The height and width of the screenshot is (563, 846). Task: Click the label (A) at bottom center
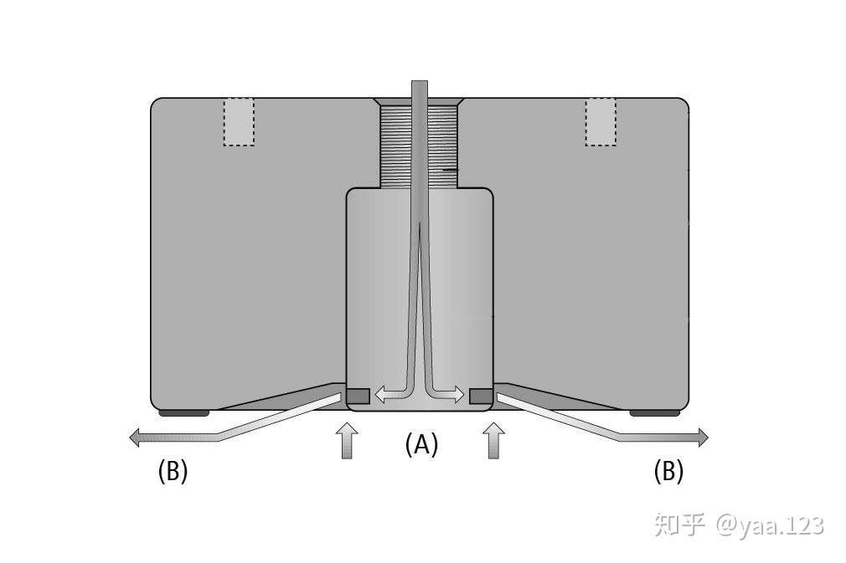(421, 445)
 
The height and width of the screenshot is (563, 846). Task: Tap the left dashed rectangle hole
(239, 122)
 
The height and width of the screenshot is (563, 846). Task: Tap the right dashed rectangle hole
(601, 122)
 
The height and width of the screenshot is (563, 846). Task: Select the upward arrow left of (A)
(347, 441)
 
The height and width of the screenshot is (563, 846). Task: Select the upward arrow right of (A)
(493, 441)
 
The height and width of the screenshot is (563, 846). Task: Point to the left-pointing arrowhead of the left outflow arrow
(135, 437)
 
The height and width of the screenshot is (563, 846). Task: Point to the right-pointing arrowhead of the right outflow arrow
(703, 437)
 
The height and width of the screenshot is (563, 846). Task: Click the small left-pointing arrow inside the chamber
(391, 394)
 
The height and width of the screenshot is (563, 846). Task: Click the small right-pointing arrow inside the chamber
(446, 394)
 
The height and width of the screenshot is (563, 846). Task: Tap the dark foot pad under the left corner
(184, 413)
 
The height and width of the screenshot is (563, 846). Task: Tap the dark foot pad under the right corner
(654, 413)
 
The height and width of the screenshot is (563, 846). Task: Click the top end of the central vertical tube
(419, 82)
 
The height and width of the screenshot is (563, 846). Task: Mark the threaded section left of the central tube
(396, 146)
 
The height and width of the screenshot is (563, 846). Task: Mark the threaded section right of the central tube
(442, 146)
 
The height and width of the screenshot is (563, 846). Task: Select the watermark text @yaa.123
(770, 525)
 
